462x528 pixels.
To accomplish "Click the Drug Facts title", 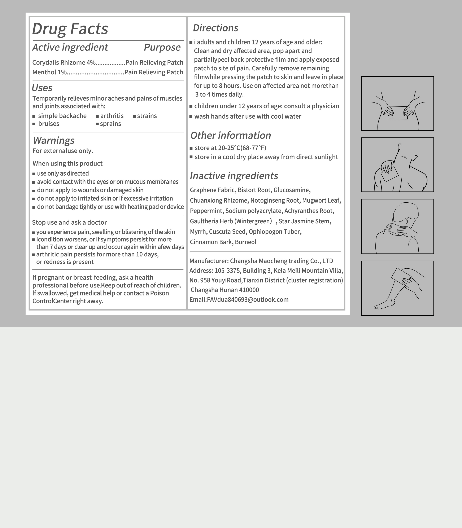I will (x=70, y=29).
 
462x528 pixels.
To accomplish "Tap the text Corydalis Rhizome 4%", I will (x=64, y=63).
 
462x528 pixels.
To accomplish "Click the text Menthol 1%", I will (x=49, y=72).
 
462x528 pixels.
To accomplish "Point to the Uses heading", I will (x=42, y=88).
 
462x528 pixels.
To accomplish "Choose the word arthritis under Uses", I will (x=112, y=116).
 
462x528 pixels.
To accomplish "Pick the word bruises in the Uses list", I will (x=49, y=124).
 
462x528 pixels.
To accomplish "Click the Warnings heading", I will (x=54, y=140).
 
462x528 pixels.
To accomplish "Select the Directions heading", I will (x=215, y=28).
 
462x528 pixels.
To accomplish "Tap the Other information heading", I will (x=231, y=136).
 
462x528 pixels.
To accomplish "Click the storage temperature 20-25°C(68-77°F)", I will (x=242, y=148).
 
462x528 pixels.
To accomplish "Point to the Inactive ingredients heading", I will (x=234, y=176).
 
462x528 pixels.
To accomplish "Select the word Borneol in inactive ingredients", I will (x=245, y=242).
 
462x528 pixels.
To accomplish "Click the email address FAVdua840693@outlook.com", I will (x=248, y=300).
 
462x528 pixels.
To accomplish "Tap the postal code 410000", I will (x=249, y=290).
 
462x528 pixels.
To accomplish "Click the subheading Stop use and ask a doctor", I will (x=69, y=222).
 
